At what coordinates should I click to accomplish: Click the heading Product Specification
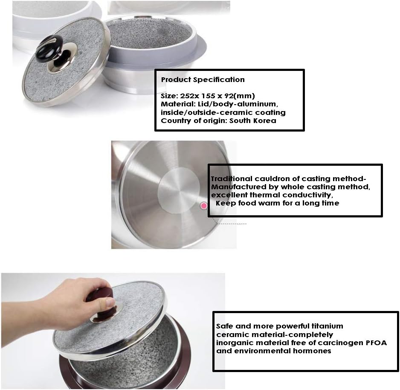[203, 79]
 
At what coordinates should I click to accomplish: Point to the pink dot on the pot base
[204, 206]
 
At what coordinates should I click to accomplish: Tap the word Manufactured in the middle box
[236, 187]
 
